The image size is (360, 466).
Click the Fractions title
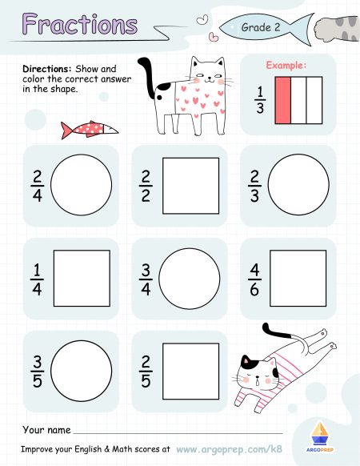tap(80, 24)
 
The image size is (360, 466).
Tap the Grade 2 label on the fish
tap(262, 27)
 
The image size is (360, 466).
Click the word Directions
tap(46, 70)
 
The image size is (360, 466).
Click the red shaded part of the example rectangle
tap(284, 100)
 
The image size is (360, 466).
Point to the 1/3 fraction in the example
tap(258, 100)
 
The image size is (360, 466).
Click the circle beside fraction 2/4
tap(81, 186)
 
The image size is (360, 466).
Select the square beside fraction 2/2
tap(190, 186)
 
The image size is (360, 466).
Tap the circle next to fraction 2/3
tap(298, 186)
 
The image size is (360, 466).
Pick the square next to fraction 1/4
tap(82, 279)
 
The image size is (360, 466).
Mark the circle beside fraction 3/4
tap(190, 278)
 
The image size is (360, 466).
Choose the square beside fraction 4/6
tap(298, 279)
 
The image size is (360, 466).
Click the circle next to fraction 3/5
tap(81, 371)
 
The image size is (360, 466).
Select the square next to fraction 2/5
tap(190, 371)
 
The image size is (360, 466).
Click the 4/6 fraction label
tap(254, 279)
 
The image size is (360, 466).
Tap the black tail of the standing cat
tap(147, 78)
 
